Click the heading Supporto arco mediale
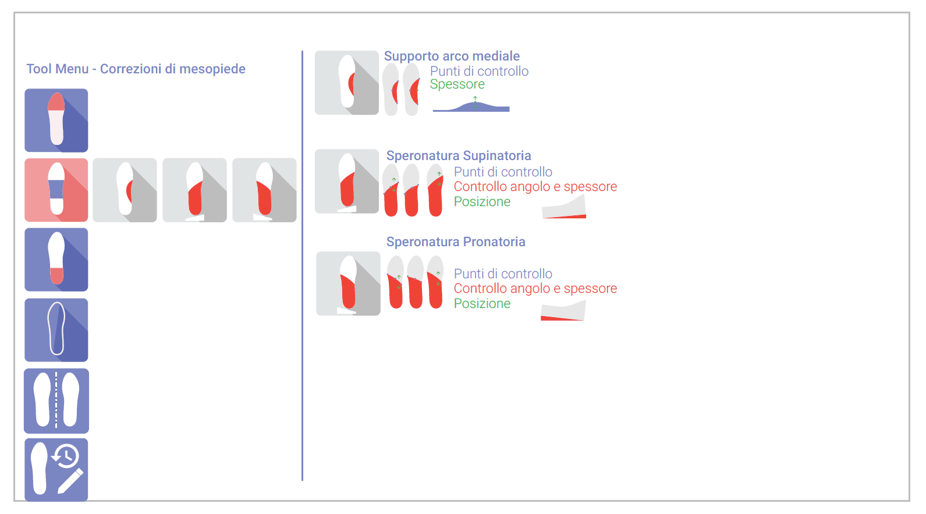[452, 56]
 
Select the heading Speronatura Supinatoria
[459, 156]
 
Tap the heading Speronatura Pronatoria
[456, 242]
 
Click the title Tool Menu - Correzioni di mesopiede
[136, 69]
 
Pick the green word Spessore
[457, 84]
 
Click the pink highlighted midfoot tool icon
[56, 190]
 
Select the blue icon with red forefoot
[56, 120]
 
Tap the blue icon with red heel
[56, 260]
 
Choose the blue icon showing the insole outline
[56, 330]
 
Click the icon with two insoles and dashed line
[56, 400]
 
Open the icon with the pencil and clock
[56, 470]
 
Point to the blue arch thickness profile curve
[471, 107]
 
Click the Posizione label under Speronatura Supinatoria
[482, 202]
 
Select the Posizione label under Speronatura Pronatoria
[482, 303]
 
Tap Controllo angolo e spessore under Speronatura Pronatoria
[535, 288]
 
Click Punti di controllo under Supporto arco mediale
[479, 71]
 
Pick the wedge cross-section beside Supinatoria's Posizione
[565, 207]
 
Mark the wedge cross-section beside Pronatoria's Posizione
[563, 310]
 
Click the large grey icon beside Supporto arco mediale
[347, 83]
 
